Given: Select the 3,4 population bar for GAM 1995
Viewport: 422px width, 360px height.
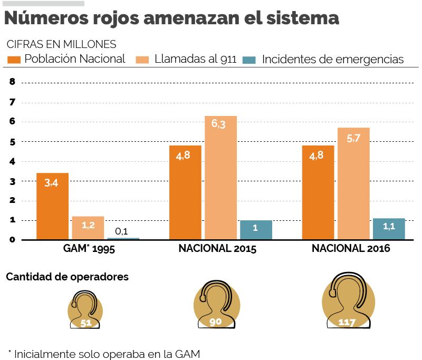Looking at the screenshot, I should coord(52,206).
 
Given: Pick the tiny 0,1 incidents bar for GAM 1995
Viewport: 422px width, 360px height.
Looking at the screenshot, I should coord(123,238).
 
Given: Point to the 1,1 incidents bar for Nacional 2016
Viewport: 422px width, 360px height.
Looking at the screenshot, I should coord(389,229).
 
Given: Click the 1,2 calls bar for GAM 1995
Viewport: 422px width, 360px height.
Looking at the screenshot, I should coord(88,228).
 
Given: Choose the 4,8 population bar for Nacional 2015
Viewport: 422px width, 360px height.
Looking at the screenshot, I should coord(185,192).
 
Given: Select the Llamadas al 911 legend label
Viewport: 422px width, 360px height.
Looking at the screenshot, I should coord(195,59).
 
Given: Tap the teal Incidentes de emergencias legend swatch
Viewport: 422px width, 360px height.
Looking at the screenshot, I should coord(249,60).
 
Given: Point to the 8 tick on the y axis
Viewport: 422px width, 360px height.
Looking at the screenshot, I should coord(12,82).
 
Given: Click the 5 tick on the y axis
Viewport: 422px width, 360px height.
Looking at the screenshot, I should coord(12,142).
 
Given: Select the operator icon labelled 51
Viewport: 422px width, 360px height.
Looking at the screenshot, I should coord(85,311).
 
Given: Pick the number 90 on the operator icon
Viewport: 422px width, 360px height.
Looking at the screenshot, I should coord(215,321).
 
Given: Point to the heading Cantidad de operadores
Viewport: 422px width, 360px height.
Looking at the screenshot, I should coord(67,277).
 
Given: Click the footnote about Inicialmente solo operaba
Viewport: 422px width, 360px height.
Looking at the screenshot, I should coord(104,354).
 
